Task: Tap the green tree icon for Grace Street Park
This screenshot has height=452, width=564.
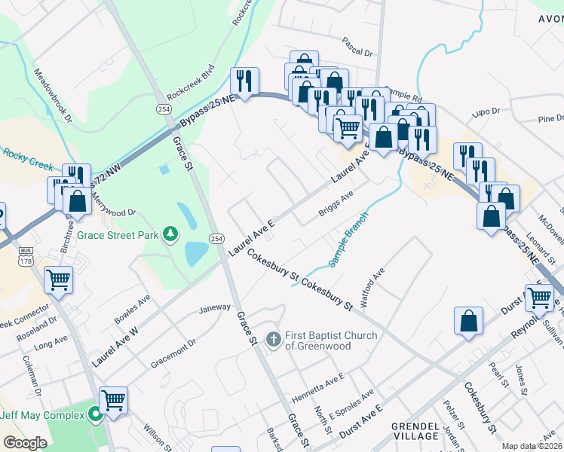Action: point(172,234)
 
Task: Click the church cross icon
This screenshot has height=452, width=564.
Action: point(274,336)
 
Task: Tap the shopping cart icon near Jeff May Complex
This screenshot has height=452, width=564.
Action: point(113,400)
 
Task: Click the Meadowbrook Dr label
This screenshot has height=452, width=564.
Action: point(53,95)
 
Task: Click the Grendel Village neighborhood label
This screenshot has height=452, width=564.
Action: point(415,431)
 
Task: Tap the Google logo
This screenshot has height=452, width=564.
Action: point(25,442)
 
